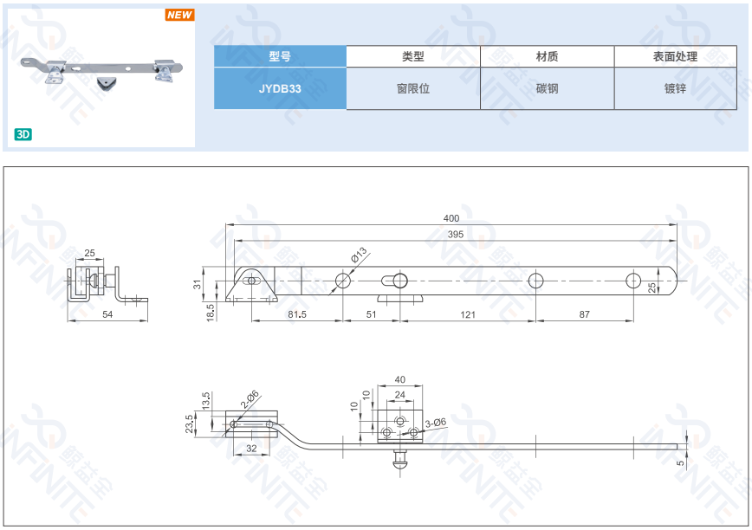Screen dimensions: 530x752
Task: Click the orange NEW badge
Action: [180, 15]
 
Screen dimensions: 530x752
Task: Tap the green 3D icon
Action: [23, 134]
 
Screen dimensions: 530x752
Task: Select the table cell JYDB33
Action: [280, 88]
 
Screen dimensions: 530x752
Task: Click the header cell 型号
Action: [280, 56]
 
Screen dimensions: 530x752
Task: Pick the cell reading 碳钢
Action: [547, 88]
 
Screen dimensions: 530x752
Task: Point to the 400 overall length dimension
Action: [451, 218]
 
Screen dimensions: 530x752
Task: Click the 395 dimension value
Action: [456, 235]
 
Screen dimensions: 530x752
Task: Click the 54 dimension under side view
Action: [107, 314]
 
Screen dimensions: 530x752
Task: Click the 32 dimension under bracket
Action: [251, 448]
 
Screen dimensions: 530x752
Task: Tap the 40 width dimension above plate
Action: [399, 379]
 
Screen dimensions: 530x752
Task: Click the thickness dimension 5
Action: [680, 462]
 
